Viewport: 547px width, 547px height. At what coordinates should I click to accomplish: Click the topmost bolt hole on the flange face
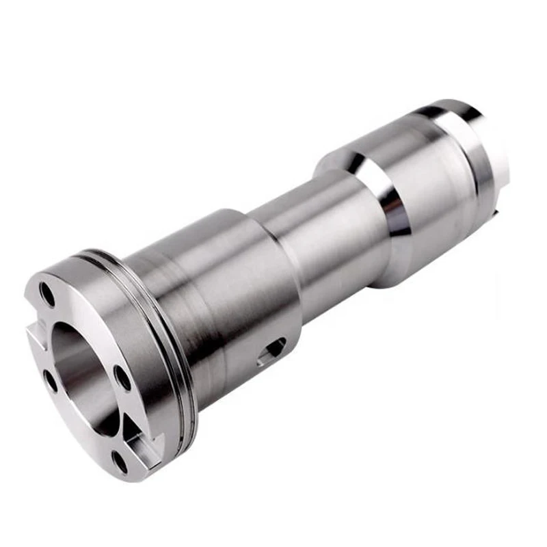point(47,294)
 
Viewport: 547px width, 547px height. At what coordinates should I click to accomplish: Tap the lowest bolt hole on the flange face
point(120,462)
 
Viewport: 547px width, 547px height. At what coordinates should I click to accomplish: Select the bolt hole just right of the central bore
point(122,377)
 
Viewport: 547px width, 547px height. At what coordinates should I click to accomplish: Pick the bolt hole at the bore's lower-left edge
point(51,381)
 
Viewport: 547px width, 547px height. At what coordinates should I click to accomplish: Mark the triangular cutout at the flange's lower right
point(137,438)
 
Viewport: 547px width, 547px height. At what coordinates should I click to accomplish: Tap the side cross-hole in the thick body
point(273,349)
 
